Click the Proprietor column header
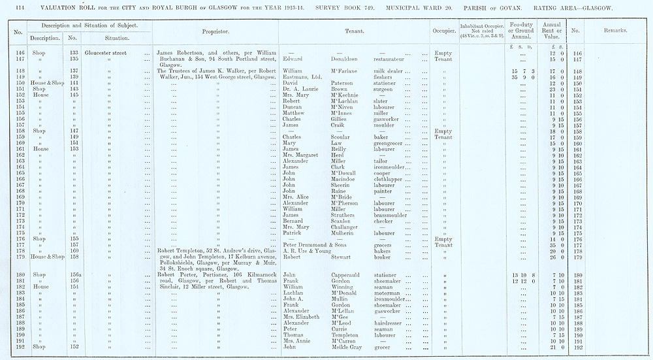pos(215,30)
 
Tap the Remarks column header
pos(615,30)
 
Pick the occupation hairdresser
pos(390,323)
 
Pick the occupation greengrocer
pos(390,143)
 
